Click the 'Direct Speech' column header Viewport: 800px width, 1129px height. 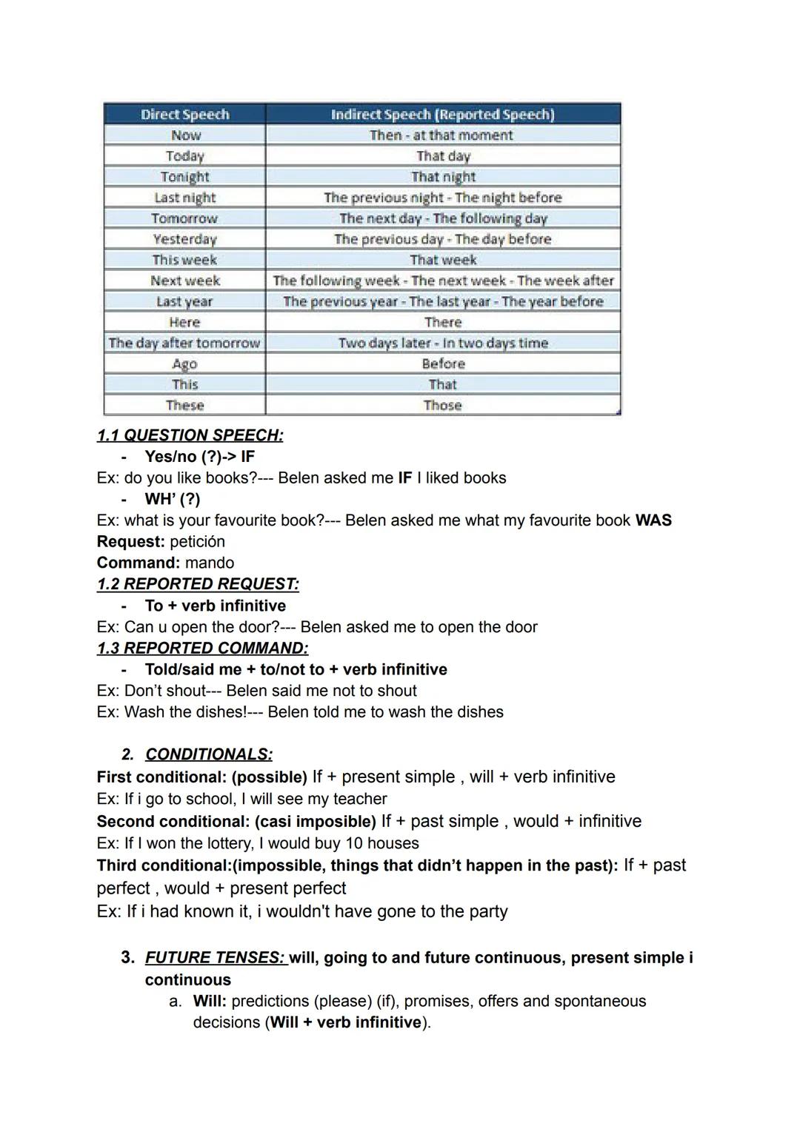(x=184, y=114)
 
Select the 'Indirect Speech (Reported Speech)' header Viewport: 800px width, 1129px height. (x=442, y=114)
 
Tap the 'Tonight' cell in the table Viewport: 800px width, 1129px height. (x=184, y=176)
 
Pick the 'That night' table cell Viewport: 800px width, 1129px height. (x=443, y=176)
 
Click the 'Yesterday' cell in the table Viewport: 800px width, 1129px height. (x=184, y=239)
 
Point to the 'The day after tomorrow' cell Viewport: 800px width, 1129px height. (x=184, y=343)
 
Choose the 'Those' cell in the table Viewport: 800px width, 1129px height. (x=442, y=405)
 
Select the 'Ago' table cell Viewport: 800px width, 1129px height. (x=184, y=364)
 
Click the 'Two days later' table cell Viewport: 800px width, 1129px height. (x=443, y=343)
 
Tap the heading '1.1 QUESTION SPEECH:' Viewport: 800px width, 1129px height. (x=190, y=435)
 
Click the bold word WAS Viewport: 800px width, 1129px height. (x=653, y=520)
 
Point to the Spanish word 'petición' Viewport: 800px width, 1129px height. (x=197, y=542)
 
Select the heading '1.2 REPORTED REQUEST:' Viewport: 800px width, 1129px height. (x=198, y=584)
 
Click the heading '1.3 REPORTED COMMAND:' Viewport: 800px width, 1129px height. (x=202, y=649)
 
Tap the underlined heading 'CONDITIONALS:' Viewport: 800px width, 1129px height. (x=208, y=754)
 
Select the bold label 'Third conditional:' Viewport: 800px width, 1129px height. (x=164, y=866)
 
